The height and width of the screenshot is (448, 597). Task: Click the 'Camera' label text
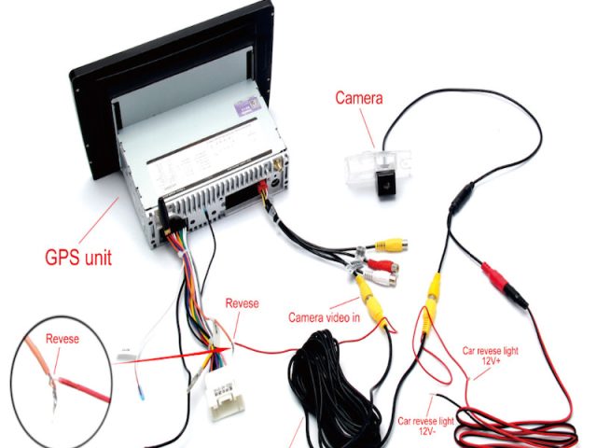[x=358, y=97]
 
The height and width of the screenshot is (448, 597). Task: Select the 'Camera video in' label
[x=324, y=318]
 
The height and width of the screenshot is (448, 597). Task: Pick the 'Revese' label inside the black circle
[x=62, y=339]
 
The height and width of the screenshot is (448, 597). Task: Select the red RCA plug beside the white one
[x=381, y=266]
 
